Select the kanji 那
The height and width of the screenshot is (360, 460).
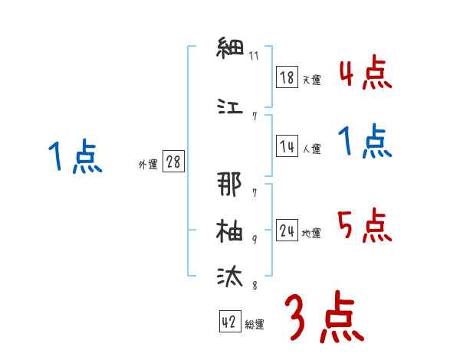(228, 184)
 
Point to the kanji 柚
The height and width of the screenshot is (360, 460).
(228, 230)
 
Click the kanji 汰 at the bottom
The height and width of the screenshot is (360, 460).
(228, 275)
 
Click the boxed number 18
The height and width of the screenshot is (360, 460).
(287, 77)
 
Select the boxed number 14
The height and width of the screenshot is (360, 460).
(287, 147)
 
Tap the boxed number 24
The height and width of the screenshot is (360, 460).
(287, 231)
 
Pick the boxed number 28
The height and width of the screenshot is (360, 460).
(173, 163)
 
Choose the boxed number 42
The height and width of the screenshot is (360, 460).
(228, 322)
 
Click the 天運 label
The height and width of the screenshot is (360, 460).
(311, 80)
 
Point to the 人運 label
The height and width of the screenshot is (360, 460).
(311, 149)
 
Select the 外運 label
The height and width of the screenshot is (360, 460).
(148, 165)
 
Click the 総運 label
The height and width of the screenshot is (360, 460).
(255, 325)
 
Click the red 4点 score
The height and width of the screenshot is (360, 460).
(365, 74)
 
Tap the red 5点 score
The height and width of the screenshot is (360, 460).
(365, 226)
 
